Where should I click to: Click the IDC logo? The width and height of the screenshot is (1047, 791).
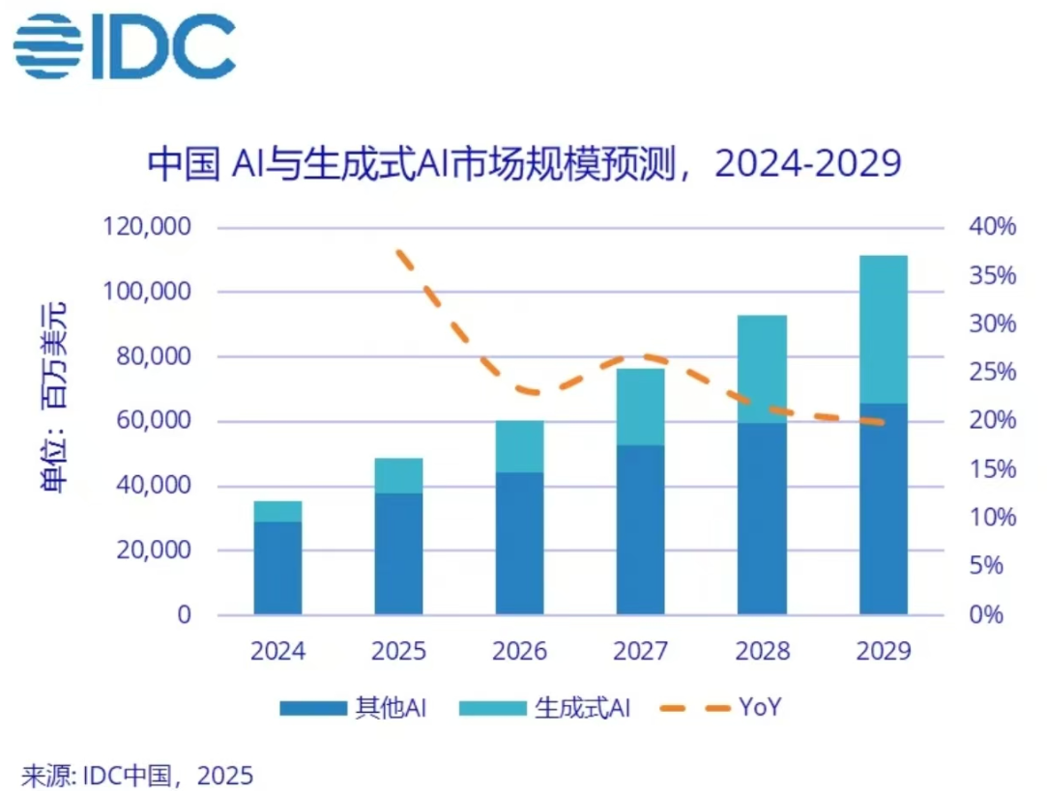[x=124, y=46]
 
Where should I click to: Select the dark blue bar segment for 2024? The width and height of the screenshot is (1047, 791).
[x=277, y=568]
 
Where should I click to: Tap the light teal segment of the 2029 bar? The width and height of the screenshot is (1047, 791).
[x=883, y=329]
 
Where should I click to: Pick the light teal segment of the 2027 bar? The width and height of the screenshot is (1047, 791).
[x=640, y=407]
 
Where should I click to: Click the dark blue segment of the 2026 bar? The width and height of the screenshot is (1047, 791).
[x=519, y=543]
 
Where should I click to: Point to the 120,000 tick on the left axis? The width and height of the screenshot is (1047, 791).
[x=148, y=228]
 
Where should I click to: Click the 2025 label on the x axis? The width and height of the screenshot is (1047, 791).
[x=398, y=652]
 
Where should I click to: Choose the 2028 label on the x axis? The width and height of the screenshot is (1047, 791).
[x=761, y=652]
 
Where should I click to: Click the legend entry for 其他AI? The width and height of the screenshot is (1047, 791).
[x=354, y=709]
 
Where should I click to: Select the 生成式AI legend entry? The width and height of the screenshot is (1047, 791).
[x=547, y=709]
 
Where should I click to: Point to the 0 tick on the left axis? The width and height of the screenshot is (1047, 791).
[x=184, y=615]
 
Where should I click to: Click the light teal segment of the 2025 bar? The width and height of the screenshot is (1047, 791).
[x=398, y=475]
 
